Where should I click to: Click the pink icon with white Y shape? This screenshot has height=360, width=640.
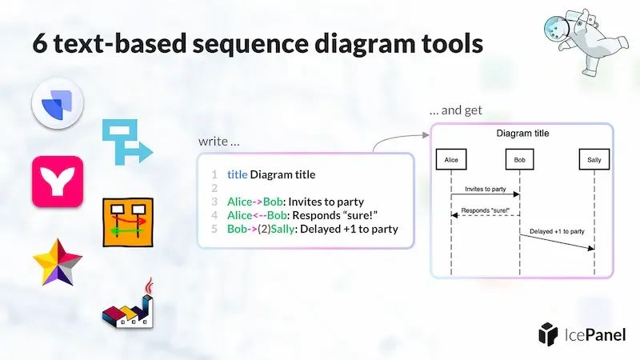click(58, 182)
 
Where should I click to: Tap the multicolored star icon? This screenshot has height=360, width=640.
click(58, 262)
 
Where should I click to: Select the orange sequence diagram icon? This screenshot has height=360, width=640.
click(128, 222)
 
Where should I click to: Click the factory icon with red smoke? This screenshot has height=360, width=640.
click(128, 304)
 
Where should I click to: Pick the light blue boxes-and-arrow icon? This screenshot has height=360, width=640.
click(127, 142)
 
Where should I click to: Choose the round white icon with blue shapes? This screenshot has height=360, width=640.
click(58, 103)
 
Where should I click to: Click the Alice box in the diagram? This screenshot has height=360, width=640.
click(451, 159)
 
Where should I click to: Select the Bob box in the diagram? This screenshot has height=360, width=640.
click(519, 159)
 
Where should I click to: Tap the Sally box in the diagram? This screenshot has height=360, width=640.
click(594, 159)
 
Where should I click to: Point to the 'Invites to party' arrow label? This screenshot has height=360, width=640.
click(486, 189)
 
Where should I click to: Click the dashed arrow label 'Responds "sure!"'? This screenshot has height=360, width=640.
click(486, 210)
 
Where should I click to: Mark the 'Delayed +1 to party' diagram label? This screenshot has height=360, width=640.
click(557, 231)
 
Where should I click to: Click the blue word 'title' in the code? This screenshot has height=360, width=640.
click(237, 174)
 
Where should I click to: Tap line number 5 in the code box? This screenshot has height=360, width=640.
click(214, 229)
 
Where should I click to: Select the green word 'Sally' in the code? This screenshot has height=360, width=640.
click(282, 229)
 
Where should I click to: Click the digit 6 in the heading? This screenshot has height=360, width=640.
click(39, 43)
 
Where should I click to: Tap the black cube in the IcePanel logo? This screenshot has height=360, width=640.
click(548, 334)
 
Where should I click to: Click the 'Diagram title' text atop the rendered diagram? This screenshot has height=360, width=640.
click(522, 134)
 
